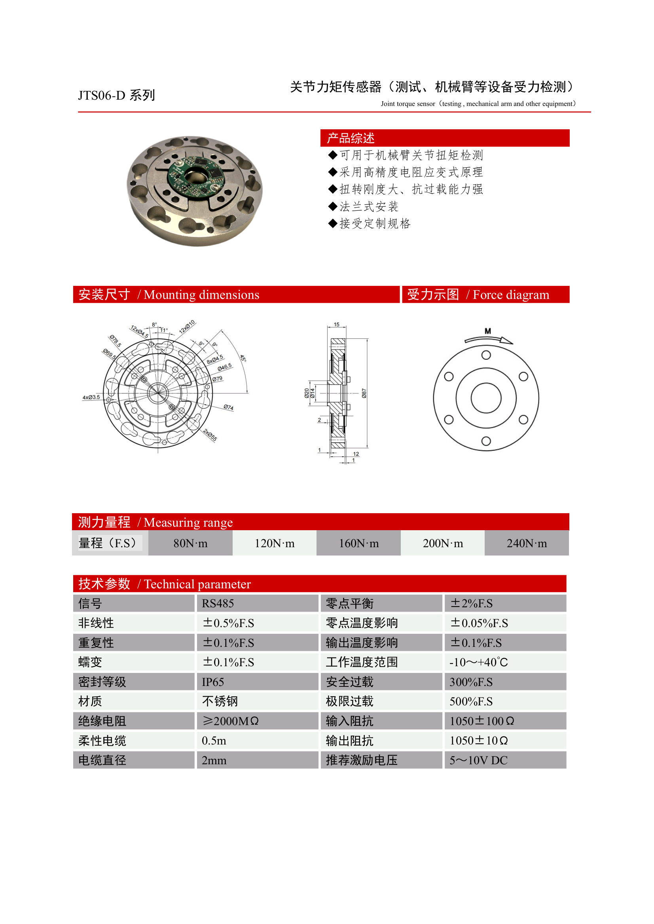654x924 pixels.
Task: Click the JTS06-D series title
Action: (116, 95)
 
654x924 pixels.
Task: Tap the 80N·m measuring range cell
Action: (190, 543)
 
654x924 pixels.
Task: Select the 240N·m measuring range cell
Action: (526, 543)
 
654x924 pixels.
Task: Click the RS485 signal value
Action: (218, 603)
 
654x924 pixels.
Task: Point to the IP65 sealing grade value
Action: (212, 682)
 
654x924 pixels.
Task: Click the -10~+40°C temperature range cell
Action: (478, 662)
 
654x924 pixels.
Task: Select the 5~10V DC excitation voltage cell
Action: (478, 760)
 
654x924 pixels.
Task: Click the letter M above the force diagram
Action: (488, 331)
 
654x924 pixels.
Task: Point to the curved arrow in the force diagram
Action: (489, 340)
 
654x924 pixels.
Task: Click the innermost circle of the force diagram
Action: (486, 398)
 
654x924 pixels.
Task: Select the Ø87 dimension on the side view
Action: (364, 393)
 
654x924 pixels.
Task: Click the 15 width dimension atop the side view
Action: (337, 324)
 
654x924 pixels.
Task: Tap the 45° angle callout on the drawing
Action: (243, 358)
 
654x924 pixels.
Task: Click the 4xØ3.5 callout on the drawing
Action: (91, 397)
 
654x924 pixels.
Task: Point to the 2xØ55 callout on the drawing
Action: (210, 435)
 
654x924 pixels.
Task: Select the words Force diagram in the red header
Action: (511, 295)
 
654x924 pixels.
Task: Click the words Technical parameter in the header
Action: (197, 584)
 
